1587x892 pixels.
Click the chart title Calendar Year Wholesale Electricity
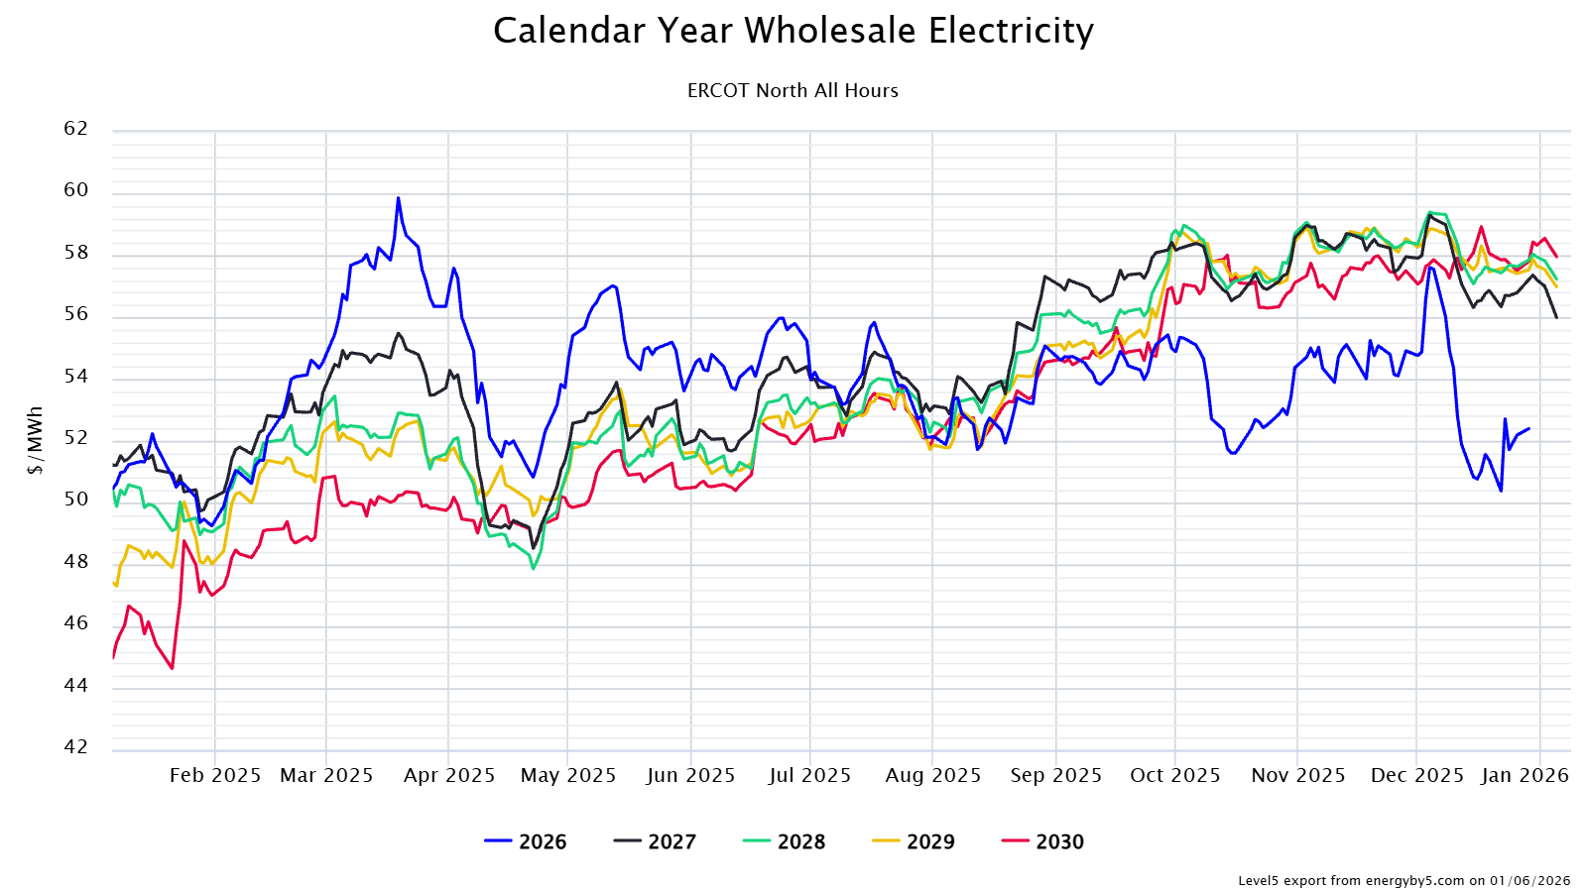pyautogui.click(x=793, y=31)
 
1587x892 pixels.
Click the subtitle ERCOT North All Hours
pyautogui.click(x=793, y=91)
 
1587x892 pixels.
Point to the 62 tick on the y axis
pyautogui.click(x=75, y=129)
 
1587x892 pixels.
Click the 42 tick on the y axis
pyautogui.click(x=75, y=747)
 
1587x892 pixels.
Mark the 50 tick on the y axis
pyautogui.click(x=75, y=500)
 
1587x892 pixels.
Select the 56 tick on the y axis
pyautogui.click(x=75, y=314)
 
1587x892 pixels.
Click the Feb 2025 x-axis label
pyautogui.click(x=215, y=776)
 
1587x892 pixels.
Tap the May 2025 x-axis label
pyautogui.click(x=568, y=776)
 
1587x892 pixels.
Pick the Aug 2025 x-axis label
pyautogui.click(x=932, y=776)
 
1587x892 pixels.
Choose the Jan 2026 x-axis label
pyautogui.click(x=1525, y=776)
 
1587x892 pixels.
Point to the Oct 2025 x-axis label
pyautogui.click(x=1175, y=776)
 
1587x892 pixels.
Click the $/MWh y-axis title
pyautogui.click(x=36, y=440)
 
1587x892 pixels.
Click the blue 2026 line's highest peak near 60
pyautogui.click(x=399, y=198)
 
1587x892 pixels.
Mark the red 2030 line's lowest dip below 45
pyautogui.click(x=172, y=668)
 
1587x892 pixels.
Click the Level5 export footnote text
pyautogui.click(x=1404, y=880)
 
